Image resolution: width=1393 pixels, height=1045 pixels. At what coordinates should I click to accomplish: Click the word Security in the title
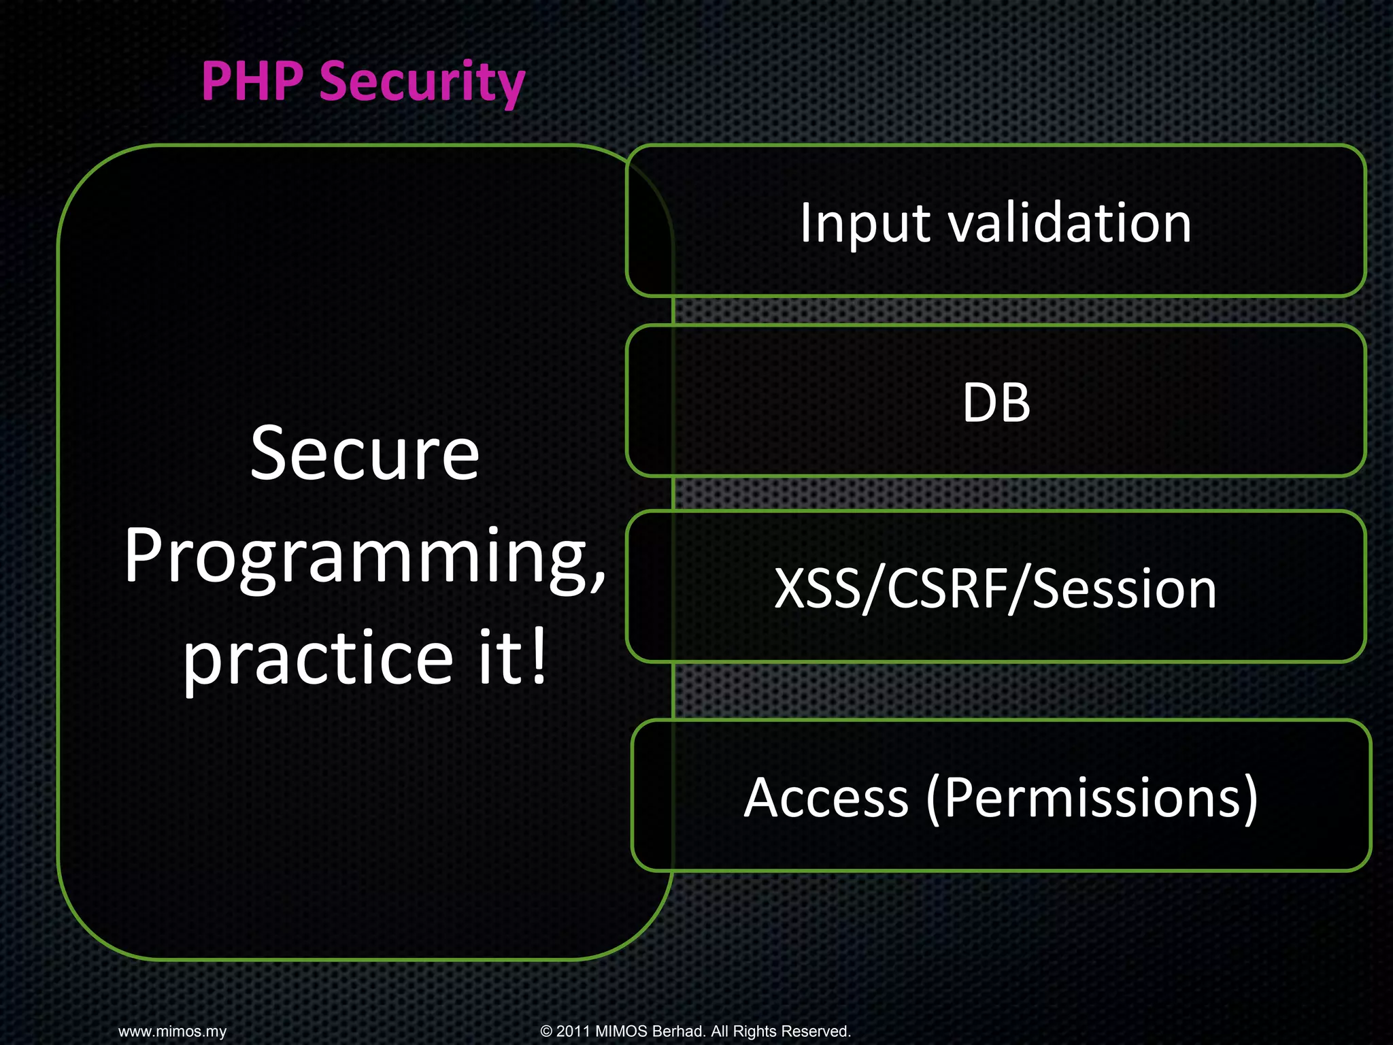[422, 83]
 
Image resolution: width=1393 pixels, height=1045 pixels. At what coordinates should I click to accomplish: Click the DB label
[996, 403]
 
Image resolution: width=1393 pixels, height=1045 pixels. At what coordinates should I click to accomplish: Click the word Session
[1124, 588]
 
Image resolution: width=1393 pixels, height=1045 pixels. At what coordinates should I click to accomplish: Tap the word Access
[826, 797]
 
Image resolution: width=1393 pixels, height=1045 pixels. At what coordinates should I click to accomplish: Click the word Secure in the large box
[365, 454]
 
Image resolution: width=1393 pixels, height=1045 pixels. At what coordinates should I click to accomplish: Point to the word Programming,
[365, 558]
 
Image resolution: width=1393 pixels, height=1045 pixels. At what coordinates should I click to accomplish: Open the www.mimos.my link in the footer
[172, 1031]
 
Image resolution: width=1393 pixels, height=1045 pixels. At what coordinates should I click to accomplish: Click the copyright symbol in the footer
[546, 1031]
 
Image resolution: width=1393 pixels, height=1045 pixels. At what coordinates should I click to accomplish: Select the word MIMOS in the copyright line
[621, 1031]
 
